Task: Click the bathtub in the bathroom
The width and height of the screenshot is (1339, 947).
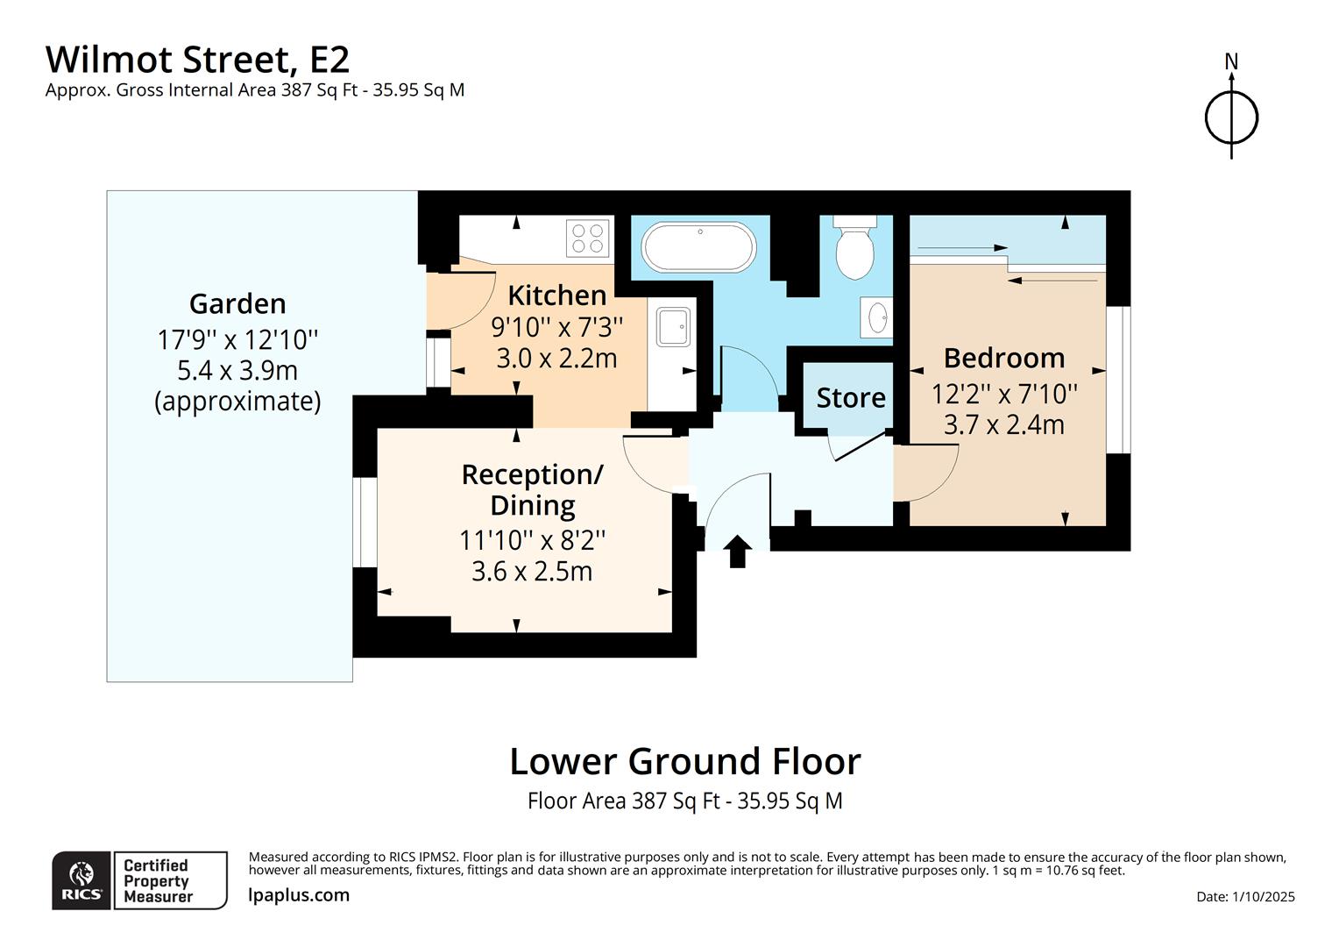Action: pos(698,247)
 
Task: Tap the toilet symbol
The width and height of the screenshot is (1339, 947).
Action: pos(854,247)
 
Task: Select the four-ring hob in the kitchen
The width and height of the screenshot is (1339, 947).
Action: pos(587,237)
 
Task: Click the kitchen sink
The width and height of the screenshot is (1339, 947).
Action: pos(673,327)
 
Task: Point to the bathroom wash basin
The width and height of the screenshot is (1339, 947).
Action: pos(877,317)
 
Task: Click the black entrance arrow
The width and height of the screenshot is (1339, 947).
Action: pos(738,552)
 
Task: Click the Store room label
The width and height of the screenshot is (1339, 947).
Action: pos(851,398)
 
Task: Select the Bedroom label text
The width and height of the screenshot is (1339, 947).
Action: pos(1004,358)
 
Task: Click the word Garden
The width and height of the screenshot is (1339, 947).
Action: pos(237,303)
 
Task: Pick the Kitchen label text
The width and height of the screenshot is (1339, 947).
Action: pos(557,295)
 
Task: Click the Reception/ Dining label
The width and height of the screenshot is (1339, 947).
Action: pos(532,489)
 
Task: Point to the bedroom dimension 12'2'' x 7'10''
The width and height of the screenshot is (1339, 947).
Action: pos(1004,393)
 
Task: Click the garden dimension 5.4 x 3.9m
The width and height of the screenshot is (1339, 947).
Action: pos(237,370)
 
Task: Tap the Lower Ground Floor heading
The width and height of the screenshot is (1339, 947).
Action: pos(684,761)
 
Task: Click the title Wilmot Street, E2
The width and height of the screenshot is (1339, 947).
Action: pos(197,60)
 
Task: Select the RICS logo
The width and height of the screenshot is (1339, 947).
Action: pos(81,880)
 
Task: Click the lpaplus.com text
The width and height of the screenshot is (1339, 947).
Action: pos(299,895)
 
